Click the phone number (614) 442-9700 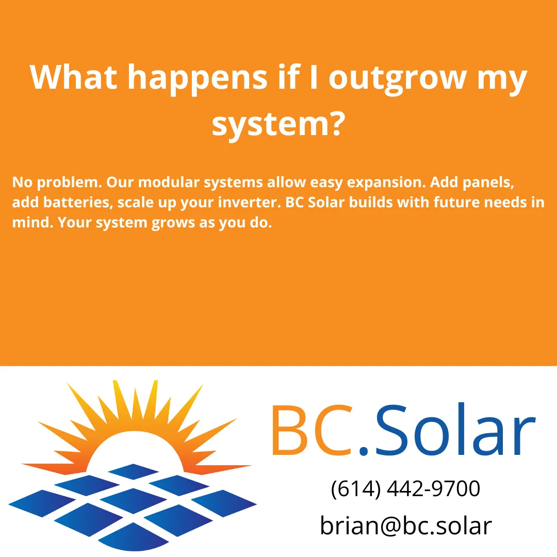click(405, 489)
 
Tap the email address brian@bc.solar click(406, 526)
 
